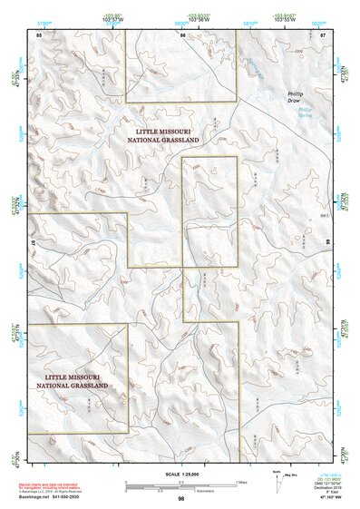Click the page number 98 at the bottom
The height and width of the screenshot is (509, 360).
click(181, 498)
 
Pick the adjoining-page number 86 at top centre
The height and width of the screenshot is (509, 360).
click(182, 34)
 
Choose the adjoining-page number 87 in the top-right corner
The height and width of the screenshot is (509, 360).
click(323, 34)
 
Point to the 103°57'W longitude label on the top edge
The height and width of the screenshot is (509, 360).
click(114, 17)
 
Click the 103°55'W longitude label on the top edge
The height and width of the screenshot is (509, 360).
click(282, 17)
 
